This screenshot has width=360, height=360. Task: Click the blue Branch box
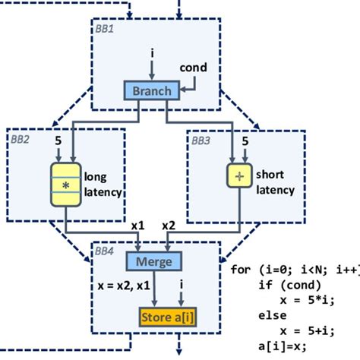pos(152,91)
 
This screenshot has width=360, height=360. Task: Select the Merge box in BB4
pos(158,262)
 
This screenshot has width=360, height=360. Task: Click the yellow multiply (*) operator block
pos(66,185)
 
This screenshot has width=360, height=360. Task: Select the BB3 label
pos(201,141)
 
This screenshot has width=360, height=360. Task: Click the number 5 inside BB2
pos(57,141)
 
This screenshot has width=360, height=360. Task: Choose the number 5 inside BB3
pos(245,141)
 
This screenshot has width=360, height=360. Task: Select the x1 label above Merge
pos(138,226)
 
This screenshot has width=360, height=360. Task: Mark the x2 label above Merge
pos(169,226)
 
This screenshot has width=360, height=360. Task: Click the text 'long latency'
pos(103,185)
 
